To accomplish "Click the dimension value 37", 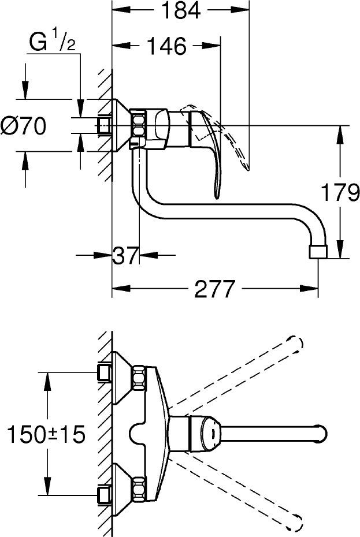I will pyautogui.click(x=125, y=254).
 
